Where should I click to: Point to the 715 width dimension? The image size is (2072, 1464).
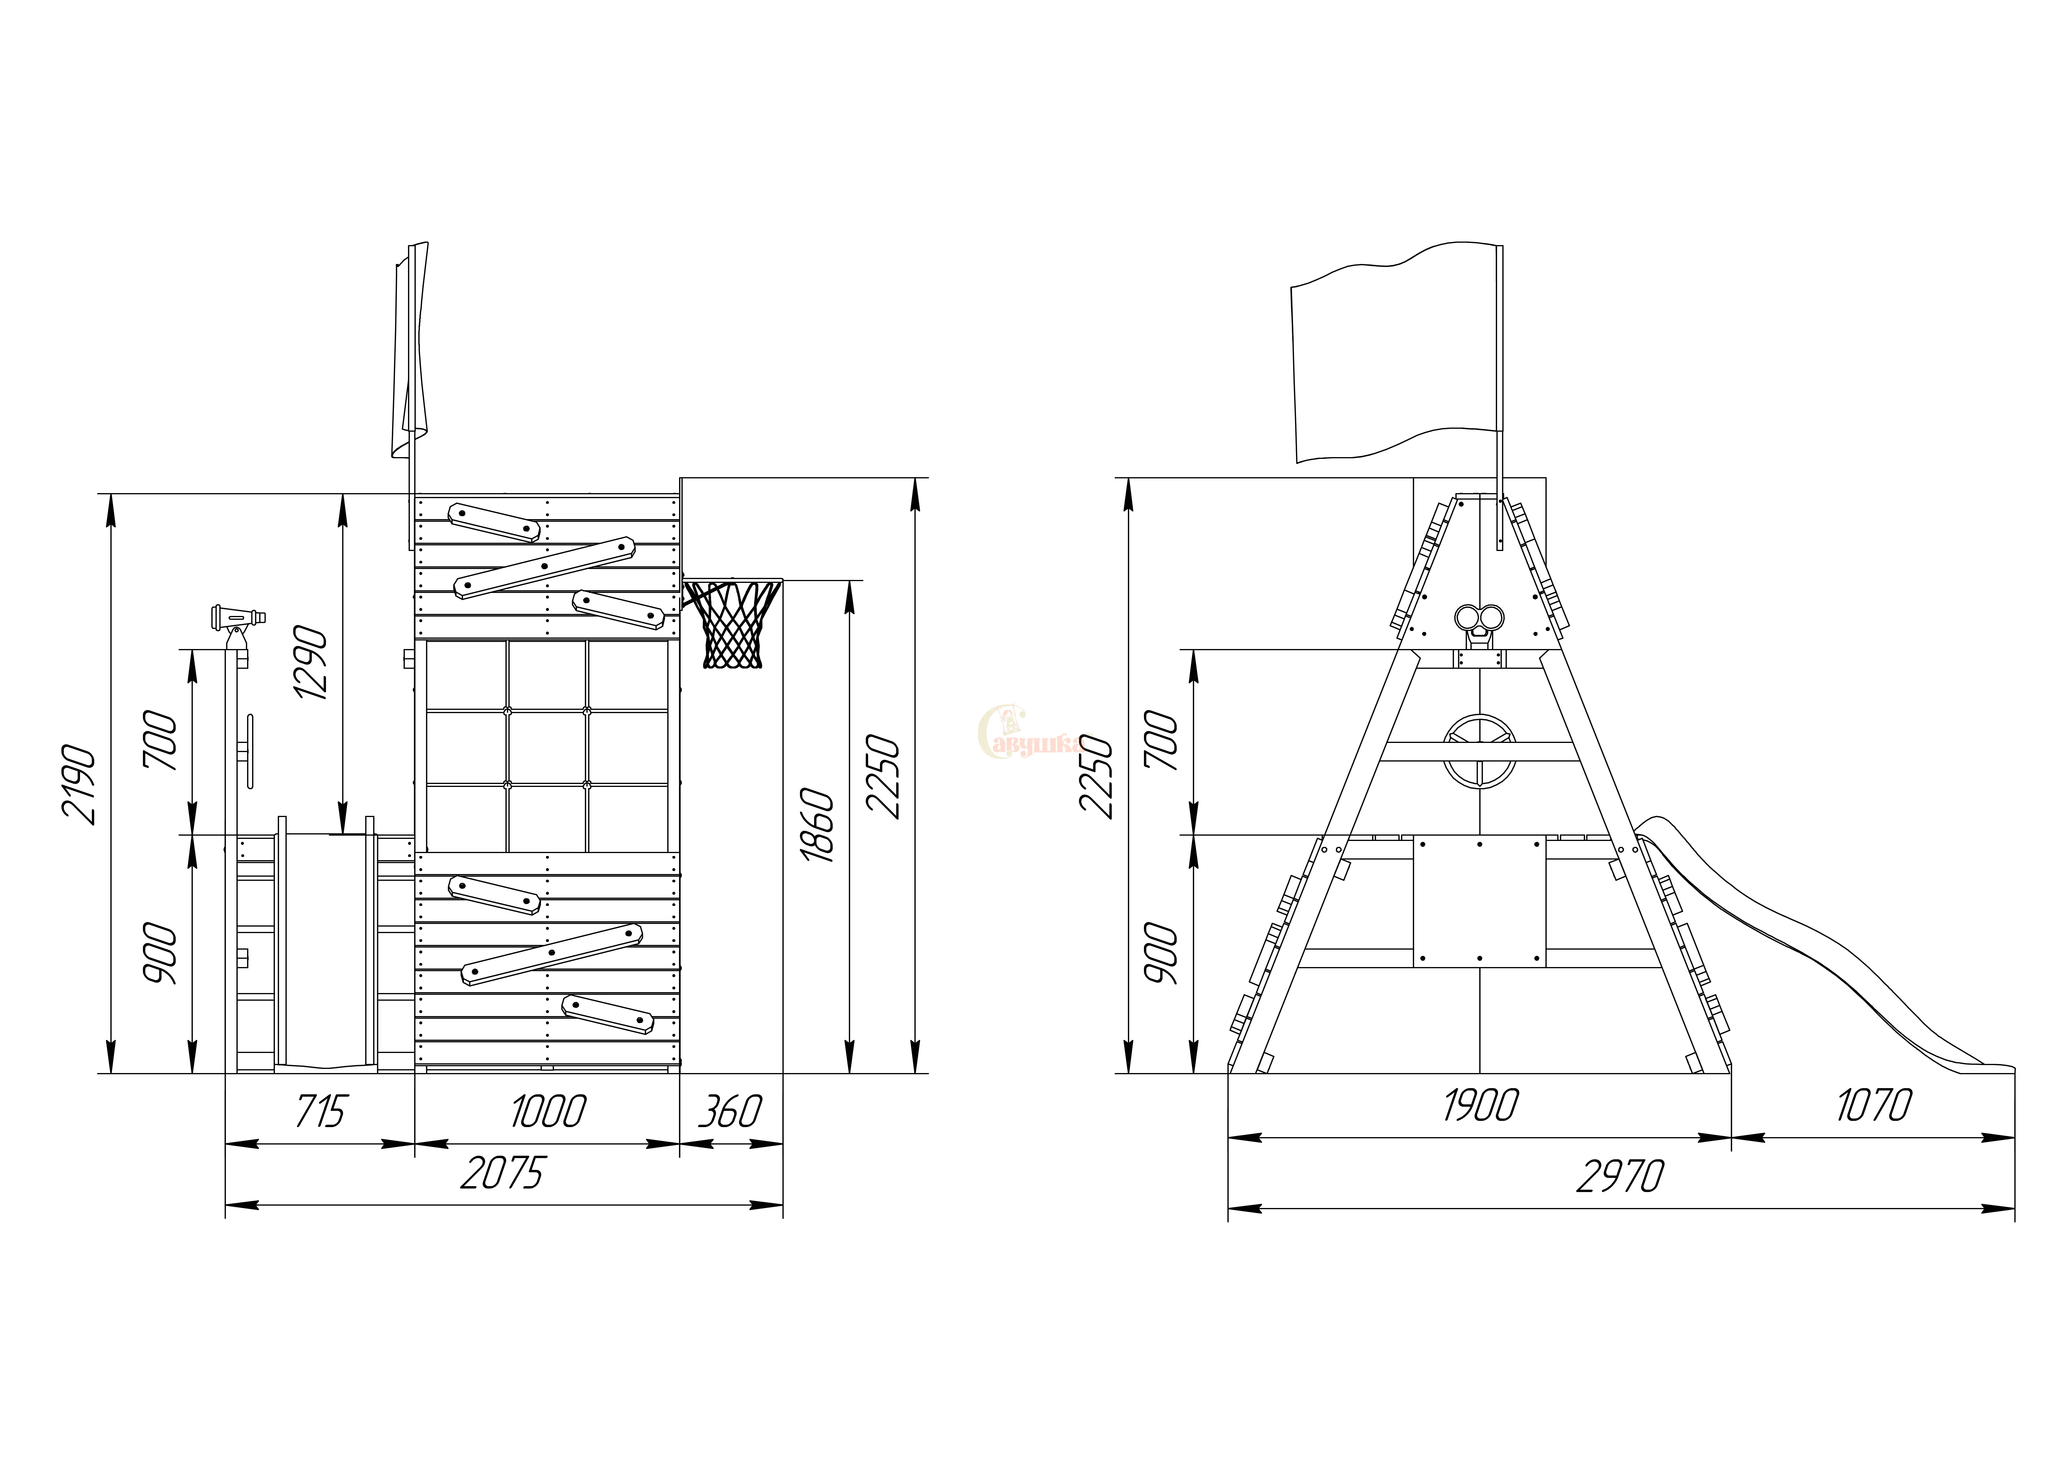tap(320, 1111)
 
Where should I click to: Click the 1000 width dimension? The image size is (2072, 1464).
tap(549, 1111)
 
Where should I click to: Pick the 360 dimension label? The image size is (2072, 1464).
tap(730, 1111)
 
